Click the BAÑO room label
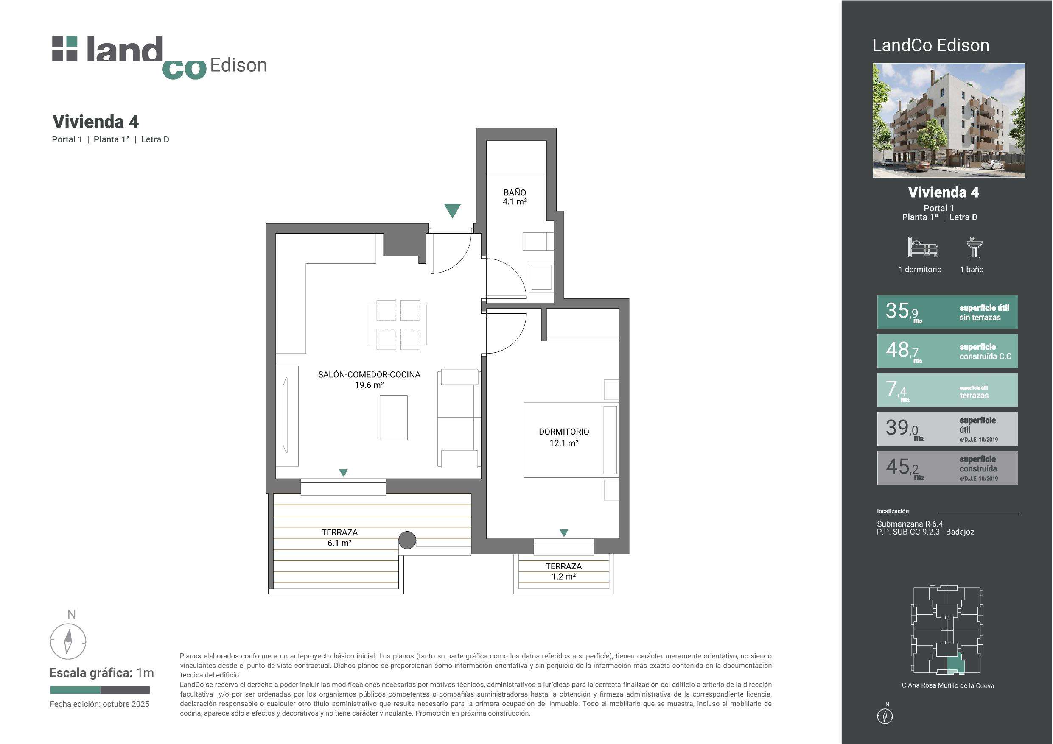(x=515, y=192)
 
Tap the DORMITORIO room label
(x=564, y=432)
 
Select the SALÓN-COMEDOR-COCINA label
(x=369, y=374)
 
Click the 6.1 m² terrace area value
(x=339, y=543)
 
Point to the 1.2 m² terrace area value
(x=564, y=577)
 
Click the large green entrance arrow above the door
(x=452, y=210)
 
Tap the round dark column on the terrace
(x=407, y=540)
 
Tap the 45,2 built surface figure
(x=904, y=468)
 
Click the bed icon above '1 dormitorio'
(x=923, y=247)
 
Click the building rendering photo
(x=949, y=120)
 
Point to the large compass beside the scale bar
(x=68, y=641)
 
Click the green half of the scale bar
(x=75, y=689)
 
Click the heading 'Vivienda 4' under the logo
(x=95, y=122)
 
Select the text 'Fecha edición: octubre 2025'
(x=100, y=704)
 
